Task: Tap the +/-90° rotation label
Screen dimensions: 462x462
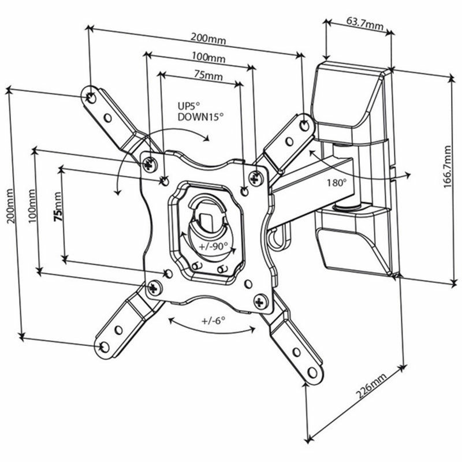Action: click(x=211, y=247)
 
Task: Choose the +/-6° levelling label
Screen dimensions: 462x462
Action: click(x=213, y=321)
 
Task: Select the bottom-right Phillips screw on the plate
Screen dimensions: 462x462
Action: click(x=260, y=300)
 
